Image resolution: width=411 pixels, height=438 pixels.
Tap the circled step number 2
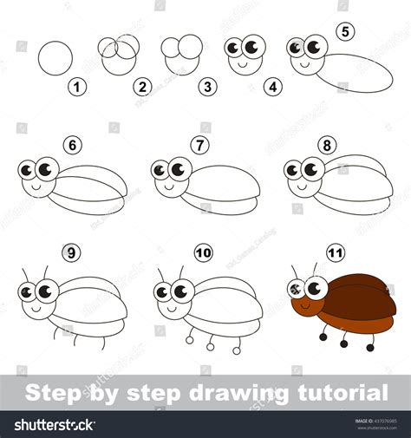click(142, 87)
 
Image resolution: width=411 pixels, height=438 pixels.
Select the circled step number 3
click(207, 87)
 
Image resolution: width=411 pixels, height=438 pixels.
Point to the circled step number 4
click(273, 87)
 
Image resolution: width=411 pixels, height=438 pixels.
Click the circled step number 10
click(202, 254)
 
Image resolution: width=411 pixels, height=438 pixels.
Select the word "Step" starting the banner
click(51, 393)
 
